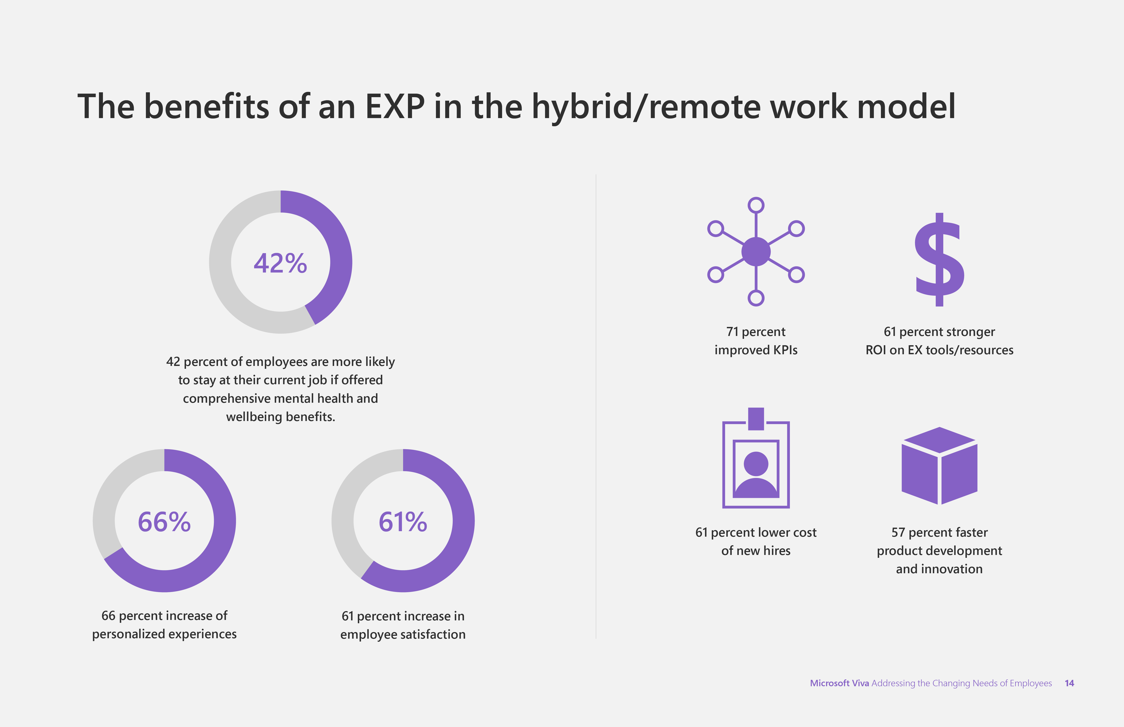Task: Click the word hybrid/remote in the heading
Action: (646, 107)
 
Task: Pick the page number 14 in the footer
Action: (1069, 683)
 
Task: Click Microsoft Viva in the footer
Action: (839, 683)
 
